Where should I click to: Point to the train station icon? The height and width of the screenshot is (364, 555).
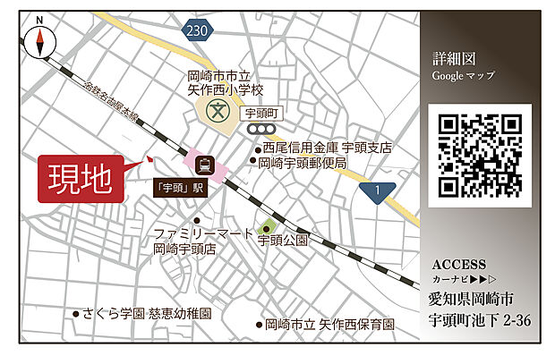[x=205, y=165]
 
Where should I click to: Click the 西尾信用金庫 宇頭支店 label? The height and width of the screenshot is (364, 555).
[x=328, y=148]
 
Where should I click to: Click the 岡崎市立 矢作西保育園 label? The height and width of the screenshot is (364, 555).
[x=326, y=325]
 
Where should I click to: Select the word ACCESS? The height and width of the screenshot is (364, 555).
[x=458, y=265]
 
